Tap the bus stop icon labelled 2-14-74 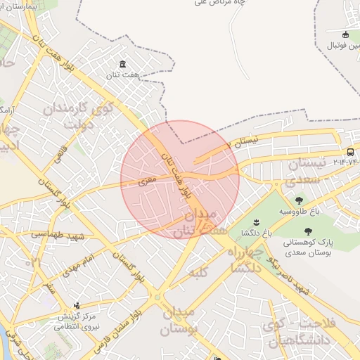350,153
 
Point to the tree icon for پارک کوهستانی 307,231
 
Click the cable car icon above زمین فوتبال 345,34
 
